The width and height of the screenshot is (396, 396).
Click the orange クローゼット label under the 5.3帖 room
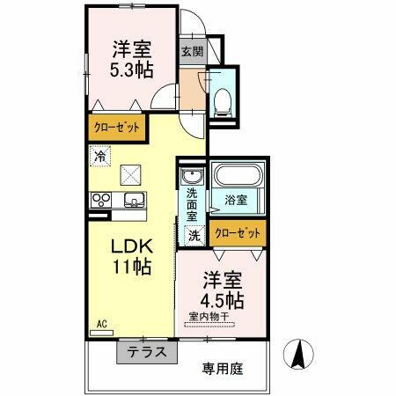116,128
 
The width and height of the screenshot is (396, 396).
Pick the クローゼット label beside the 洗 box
238,234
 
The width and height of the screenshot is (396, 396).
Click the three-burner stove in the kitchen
99,199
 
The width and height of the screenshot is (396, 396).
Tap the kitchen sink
133,198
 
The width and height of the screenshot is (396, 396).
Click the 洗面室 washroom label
191,205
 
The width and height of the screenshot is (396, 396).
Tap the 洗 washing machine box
194,235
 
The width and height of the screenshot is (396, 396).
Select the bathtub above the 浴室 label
237,176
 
